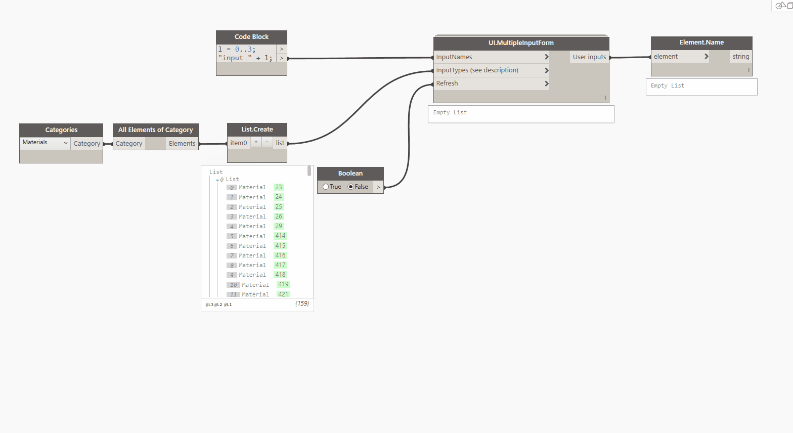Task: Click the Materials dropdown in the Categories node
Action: [x=45, y=143]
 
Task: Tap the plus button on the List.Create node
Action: [x=256, y=142]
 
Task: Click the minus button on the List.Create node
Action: [x=267, y=142]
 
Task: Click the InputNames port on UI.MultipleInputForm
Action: [x=454, y=57]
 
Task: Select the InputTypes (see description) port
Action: [x=477, y=70]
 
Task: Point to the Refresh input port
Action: [x=447, y=83]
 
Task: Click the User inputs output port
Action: [x=589, y=57]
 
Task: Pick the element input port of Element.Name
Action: [x=666, y=57]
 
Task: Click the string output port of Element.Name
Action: [x=740, y=57]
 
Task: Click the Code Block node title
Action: [x=251, y=37]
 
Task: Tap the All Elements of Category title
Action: [x=155, y=130]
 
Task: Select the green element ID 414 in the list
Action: [x=280, y=236]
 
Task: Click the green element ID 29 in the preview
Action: [x=279, y=226]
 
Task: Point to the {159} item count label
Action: [x=302, y=304]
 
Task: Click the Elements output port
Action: [x=182, y=144]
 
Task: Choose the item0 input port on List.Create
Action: [x=238, y=143]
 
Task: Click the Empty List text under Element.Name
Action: [x=667, y=86]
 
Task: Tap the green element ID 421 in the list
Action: [x=283, y=294]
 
